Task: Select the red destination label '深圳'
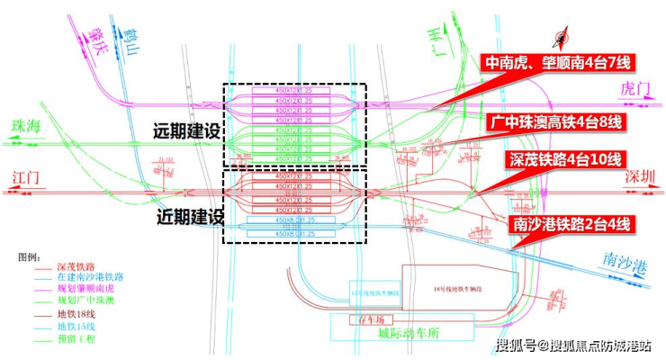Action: (x=638, y=178)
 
